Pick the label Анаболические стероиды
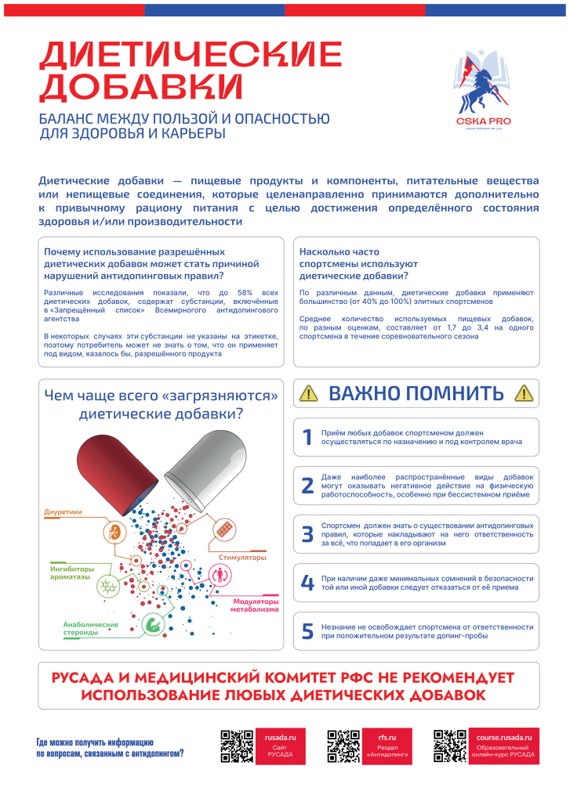(x=90, y=628)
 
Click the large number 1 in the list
(x=307, y=438)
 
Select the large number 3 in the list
(x=307, y=535)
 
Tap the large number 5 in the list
(x=307, y=631)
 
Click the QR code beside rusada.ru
(x=236, y=746)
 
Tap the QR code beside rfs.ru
(x=343, y=746)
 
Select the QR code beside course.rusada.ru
(x=450, y=746)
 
